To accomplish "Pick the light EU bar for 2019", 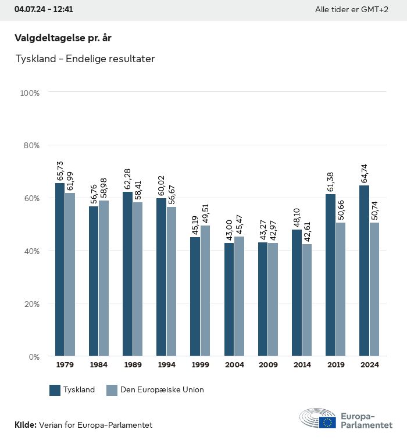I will [340, 289].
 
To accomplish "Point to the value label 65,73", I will [60, 171].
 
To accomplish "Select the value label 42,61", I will [306, 231].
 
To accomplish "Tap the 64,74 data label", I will [364, 174].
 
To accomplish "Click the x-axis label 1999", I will [200, 365].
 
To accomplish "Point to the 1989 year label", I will [133, 365].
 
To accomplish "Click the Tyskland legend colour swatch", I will [55, 390].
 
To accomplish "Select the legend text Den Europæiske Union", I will [162, 390].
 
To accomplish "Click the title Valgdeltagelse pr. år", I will [63, 38].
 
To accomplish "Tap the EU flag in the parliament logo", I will [327, 422].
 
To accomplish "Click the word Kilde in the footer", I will [25, 425].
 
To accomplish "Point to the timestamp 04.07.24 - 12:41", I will [44, 10].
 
